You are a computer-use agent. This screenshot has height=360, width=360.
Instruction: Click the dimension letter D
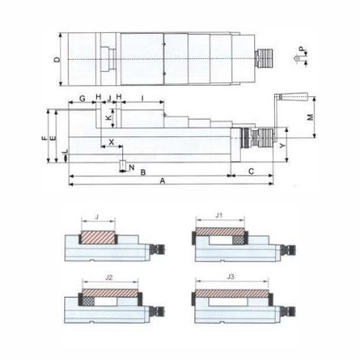click(58, 60)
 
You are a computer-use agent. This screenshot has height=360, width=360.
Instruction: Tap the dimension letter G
click(82, 98)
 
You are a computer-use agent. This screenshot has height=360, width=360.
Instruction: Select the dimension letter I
click(142, 98)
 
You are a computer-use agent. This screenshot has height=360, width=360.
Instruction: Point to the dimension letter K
click(108, 118)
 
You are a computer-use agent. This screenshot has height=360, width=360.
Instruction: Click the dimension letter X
click(111, 142)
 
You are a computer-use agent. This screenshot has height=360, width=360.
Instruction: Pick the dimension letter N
click(132, 167)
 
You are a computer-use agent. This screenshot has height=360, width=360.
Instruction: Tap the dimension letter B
click(143, 173)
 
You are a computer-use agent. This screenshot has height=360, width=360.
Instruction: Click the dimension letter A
click(162, 181)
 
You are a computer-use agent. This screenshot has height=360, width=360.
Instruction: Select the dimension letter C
click(252, 172)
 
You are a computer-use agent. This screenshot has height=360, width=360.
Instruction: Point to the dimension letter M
click(310, 117)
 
